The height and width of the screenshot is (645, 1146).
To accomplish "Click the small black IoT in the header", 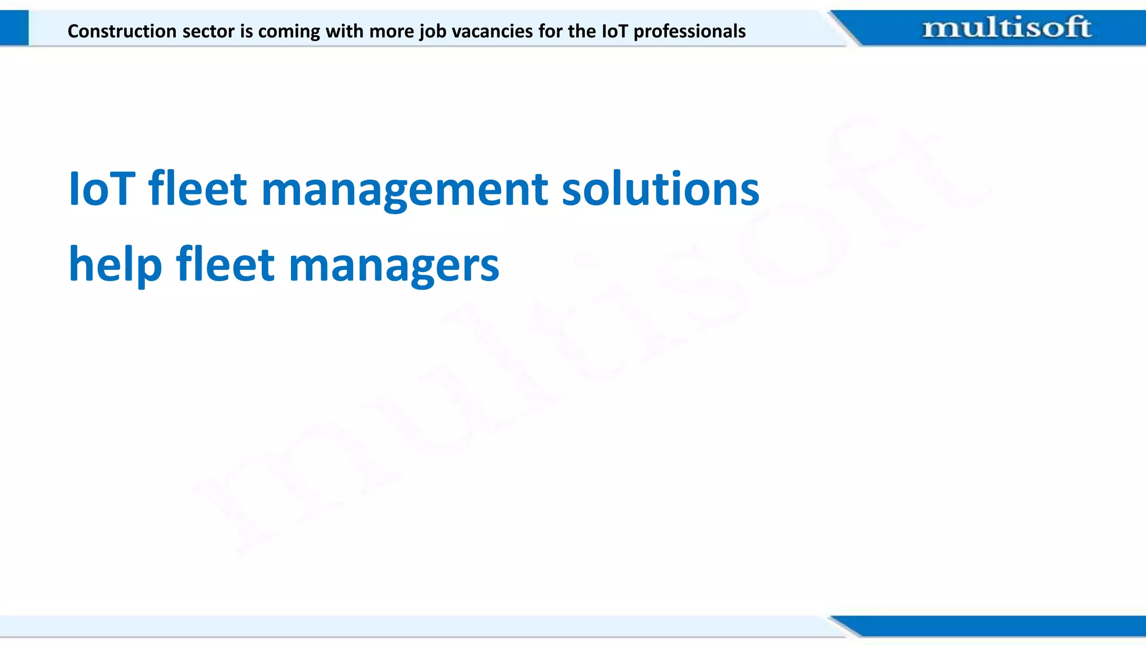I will [615, 31].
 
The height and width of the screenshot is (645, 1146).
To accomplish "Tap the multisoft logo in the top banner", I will [1006, 27].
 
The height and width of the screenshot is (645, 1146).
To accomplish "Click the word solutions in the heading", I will [660, 189].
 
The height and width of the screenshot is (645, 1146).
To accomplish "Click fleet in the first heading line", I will [198, 189].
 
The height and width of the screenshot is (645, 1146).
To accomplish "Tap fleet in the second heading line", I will [225, 264].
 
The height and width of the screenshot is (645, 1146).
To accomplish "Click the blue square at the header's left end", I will [14, 28].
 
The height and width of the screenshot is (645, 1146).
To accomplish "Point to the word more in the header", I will [392, 31].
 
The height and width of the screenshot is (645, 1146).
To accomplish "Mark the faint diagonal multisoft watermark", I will [588, 336].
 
